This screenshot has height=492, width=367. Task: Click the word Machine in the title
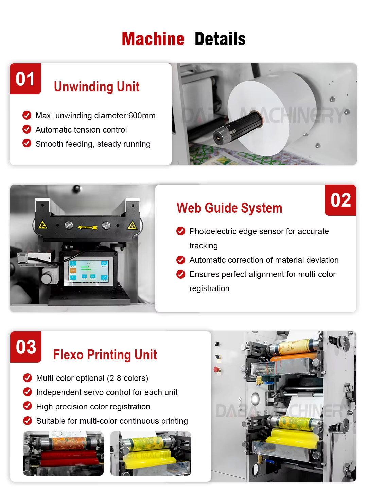click(x=153, y=39)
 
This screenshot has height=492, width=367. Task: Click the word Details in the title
click(x=220, y=39)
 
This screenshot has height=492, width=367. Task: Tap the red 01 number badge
click(x=25, y=79)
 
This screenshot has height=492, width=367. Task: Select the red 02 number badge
click(x=340, y=200)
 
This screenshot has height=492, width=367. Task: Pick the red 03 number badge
click(x=26, y=347)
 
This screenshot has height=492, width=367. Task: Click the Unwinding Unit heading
click(x=97, y=87)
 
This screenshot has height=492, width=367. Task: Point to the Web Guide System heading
click(x=229, y=208)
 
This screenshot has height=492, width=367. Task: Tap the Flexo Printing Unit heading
click(x=105, y=355)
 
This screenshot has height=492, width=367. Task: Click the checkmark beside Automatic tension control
click(x=27, y=129)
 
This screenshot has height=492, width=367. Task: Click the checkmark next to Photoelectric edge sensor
click(x=181, y=231)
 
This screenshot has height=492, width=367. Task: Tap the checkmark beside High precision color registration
click(x=28, y=406)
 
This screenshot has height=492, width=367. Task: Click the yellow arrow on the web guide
click(x=87, y=227)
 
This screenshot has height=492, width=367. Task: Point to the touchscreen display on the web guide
click(x=89, y=271)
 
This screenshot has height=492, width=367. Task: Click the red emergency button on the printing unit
click(x=216, y=369)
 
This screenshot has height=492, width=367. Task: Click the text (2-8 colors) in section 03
click(x=127, y=379)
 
